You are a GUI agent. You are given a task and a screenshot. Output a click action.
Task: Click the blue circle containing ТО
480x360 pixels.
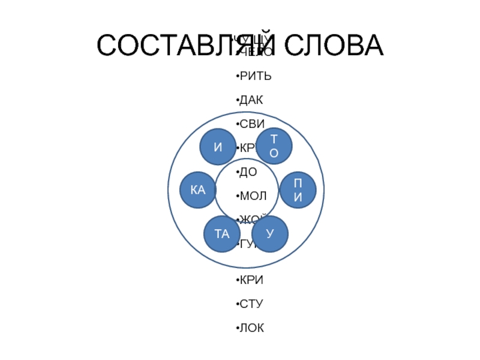[x=274, y=146]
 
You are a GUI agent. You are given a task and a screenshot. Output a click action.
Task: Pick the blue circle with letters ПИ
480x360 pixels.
[x=297, y=190]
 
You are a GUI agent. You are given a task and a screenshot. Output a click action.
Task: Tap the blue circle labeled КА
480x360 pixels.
[x=198, y=190]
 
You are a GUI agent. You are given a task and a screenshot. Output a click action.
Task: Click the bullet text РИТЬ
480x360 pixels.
[x=256, y=76]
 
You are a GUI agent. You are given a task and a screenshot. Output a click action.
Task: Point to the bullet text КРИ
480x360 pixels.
[x=251, y=280]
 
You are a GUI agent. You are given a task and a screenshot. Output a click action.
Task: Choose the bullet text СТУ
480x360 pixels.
[x=251, y=304]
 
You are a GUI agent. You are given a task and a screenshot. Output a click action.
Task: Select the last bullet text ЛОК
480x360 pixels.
[x=251, y=328]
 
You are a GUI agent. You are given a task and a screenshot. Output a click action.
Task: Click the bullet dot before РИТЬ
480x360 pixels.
[x=236, y=77]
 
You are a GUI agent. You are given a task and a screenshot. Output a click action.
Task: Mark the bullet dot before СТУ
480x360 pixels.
[x=236, y=305]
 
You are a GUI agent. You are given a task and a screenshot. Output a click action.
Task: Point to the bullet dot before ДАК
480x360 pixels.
[x=236, y=101]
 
